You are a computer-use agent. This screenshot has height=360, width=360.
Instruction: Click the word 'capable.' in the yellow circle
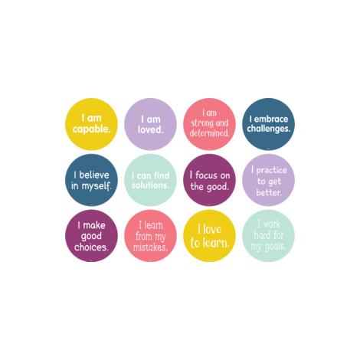coord(91,129)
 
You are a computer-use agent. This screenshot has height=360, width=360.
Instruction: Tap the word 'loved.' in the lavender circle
coord(151,129)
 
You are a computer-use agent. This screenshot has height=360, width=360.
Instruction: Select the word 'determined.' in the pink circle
coord(209,133)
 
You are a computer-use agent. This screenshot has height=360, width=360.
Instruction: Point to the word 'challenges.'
coord(269,129)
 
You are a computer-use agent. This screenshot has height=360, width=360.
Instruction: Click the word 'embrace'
coord(271,119)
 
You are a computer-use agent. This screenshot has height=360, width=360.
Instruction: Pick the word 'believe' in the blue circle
coord(94,175)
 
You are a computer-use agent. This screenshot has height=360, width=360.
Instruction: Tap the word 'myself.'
coord(97,186)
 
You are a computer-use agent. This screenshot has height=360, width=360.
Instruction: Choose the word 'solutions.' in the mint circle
coord(150,185)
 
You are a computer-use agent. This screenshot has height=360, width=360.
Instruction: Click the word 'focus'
coord(206,175)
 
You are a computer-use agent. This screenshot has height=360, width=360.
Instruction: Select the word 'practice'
coord(272,170)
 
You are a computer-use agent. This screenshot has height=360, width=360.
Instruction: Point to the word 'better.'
coord(269,192)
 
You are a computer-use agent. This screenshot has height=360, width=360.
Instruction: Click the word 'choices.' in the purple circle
coord(91,247)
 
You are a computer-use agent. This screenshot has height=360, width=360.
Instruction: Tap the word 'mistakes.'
coord(150,247)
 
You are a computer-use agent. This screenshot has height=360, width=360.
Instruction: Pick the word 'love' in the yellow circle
coord(212,229)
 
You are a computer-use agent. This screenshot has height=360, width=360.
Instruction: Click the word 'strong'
coord(202,123)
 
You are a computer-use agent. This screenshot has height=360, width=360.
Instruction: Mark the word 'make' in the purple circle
coord(94,225)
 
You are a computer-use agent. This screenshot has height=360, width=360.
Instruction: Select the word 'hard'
coord(261,235)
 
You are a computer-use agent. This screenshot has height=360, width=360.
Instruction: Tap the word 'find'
coord(162,175)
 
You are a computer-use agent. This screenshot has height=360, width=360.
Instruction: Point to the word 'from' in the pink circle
coord(144,236)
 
